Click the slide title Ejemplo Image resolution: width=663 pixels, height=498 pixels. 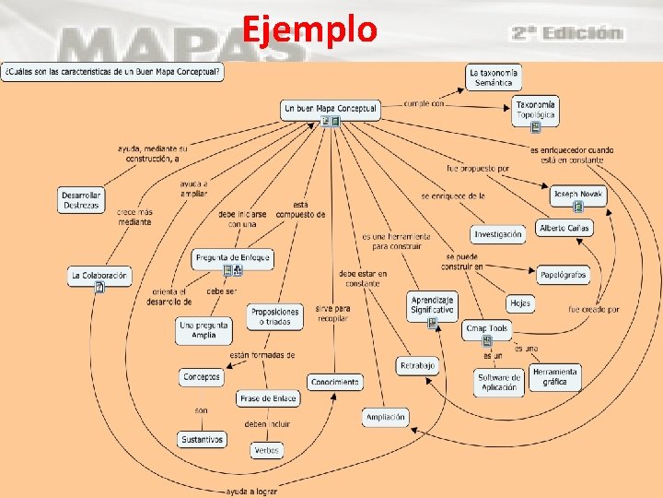click(x=310, y=30)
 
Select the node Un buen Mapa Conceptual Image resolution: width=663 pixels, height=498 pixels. click(x=331, y=109)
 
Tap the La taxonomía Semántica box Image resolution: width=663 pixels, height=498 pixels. click(x=494, y=77)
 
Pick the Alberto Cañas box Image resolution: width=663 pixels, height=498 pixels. click(x=564, y=228)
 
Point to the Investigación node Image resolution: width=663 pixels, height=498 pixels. click(x=498, y=234)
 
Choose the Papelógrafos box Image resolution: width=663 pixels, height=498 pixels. click(x=563, y=274)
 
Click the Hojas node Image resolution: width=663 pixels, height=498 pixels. click(x=520, y=302)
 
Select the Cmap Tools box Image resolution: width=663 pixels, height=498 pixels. click(x=487, y=328)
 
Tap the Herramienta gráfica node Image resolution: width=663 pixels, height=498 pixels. click(x=555, y=376)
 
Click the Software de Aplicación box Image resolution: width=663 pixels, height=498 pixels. click(x=500, y=381)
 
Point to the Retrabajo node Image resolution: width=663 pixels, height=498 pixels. click(x=417, y=366)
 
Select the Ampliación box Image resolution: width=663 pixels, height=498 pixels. click(x=385, y=417)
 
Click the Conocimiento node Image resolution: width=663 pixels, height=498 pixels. click(x=335, y=382)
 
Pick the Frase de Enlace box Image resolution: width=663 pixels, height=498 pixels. click(x=268, y=398)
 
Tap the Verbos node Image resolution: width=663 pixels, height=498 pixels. click(x=266, y=450)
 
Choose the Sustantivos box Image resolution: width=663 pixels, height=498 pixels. click(x=202, y=440)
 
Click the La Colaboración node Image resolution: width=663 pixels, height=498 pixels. click(x=99, y=275)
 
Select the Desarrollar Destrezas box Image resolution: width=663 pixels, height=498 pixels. click(x=81, y=200)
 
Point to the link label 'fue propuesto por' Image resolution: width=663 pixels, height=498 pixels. click(x=478, y=169)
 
